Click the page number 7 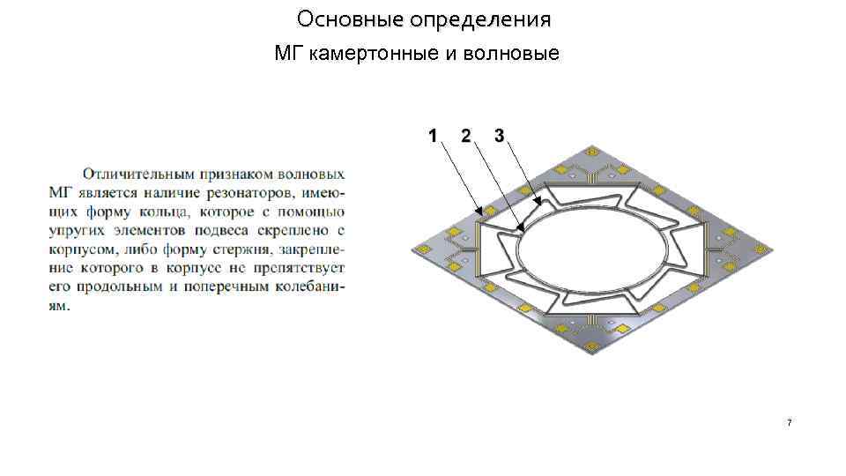(789, 424)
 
